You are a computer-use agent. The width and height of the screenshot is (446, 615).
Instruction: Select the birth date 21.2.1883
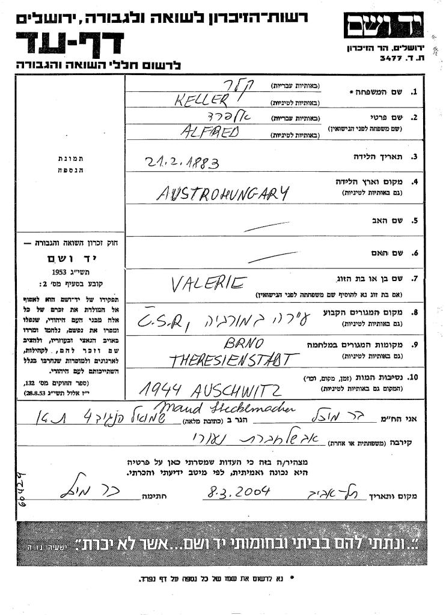click(x=182, y=162)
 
